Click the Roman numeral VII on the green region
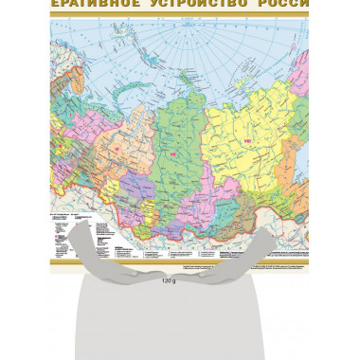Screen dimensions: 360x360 pos(173,153)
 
